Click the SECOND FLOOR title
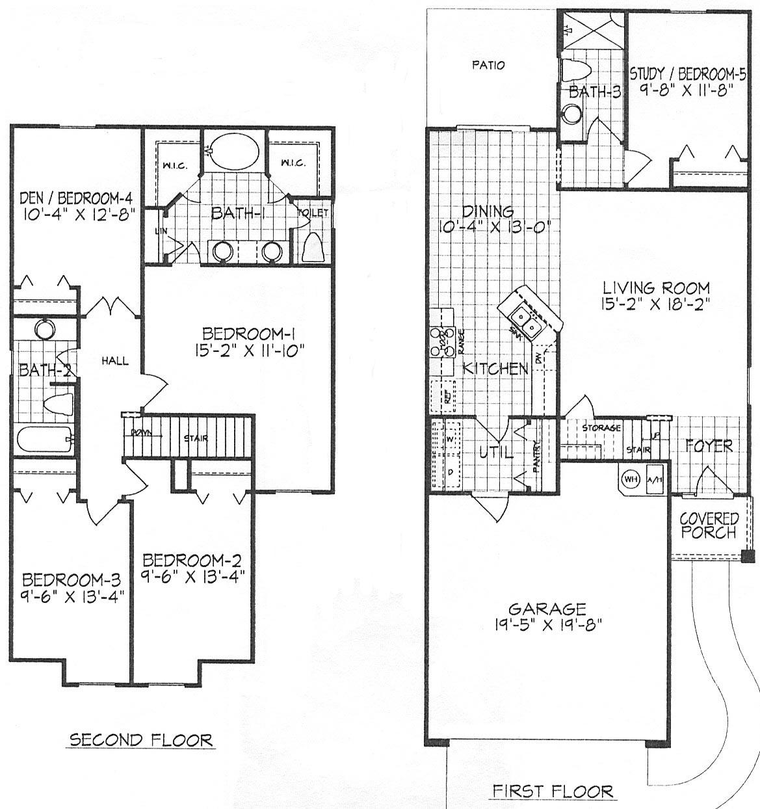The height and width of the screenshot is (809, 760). pyautogui.click(x=140, y=739)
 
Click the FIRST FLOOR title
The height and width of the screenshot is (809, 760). pyautogui.click(x=552, y=791)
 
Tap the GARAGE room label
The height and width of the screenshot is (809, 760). pyautogui.click(x=547, y=609)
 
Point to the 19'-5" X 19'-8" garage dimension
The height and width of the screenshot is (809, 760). pyautogui.click(x=547, y=625)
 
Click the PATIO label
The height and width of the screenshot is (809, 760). pyautogui.click(x=488, y=65)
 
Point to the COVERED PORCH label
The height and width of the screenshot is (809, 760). pyautogui.click(x=709, y=525)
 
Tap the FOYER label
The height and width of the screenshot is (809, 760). pyautogui.click(x=709, y=446)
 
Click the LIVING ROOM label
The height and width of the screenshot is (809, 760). pyautogui.click(x=655, y=287)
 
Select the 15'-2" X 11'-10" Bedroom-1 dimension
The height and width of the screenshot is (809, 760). pyautogui.click(x=250, y=351)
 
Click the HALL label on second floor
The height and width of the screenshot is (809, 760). pyautogui.click(x=114, y=361)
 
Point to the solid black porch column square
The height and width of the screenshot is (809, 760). pyautogui.click(x=748, y=556)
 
